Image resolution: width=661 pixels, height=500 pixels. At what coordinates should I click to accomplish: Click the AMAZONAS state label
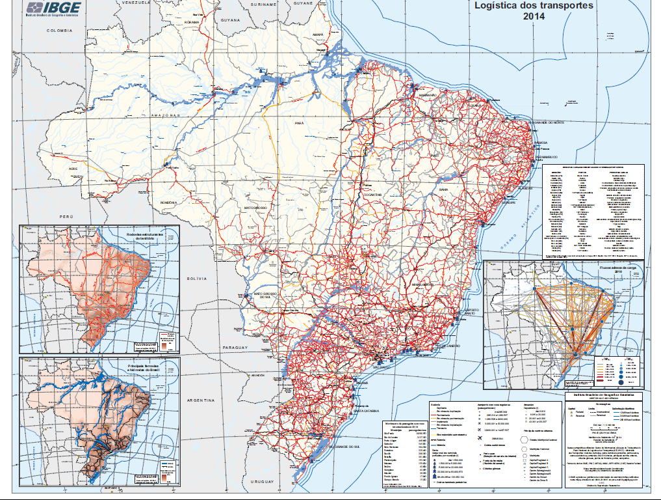(x=164, y=115)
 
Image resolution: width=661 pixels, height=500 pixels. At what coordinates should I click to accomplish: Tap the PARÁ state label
(x=299, y=122)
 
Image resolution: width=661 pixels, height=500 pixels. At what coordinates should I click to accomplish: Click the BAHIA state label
(x=443, y=189)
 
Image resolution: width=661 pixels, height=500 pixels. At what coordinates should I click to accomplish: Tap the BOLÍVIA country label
(x=196, y=278)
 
